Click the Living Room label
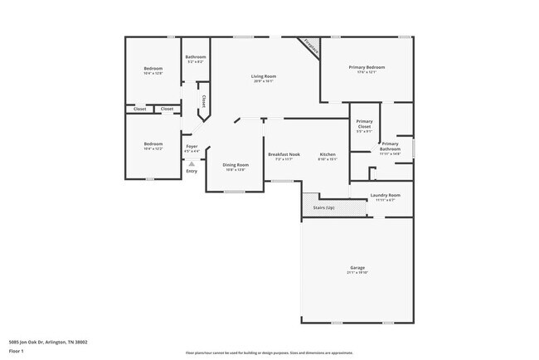[264, 76]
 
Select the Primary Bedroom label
[367, 67]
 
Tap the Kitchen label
[328, 154]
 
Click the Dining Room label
[236, 164]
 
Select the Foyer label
[191, 146]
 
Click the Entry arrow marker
[192, 164]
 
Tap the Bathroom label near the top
[195, 56]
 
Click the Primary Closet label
[364, 125]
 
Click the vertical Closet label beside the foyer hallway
[203, 101]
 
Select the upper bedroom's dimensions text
[153, 73]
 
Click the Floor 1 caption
[17, 351]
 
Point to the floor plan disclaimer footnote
[269, 352]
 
